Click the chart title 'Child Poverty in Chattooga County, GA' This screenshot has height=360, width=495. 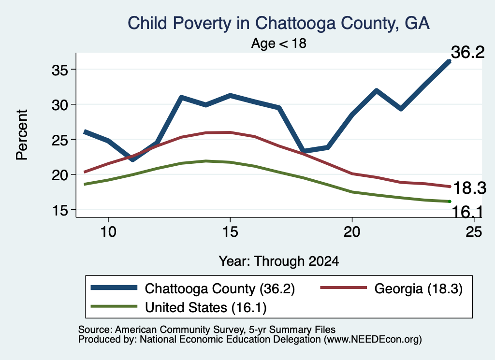278,23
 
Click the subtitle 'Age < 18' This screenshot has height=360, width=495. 279,43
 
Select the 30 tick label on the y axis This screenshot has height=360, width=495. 59,105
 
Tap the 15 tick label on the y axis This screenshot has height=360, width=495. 59,210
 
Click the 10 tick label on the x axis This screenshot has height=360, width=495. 108,232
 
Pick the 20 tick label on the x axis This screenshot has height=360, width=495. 352,232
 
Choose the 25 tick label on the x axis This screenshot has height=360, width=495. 474,232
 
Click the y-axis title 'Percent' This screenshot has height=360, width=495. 22,135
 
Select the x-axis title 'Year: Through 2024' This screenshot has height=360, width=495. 279,261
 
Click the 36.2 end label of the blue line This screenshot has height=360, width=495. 467,52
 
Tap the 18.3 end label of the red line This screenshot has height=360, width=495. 469,188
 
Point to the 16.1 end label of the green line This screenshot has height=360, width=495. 467,212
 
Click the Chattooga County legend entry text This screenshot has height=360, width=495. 220,289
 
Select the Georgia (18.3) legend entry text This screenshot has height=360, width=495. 418,288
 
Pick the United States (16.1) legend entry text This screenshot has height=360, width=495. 206,308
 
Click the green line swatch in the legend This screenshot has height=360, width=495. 114,306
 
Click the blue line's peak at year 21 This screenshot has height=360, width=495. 376,91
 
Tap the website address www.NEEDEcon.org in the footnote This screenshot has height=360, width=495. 372,340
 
